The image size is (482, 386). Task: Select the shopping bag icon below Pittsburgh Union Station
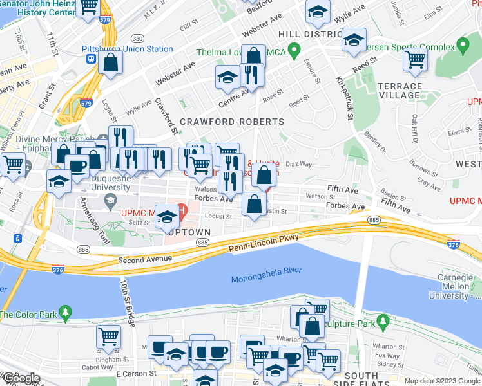(111, 64)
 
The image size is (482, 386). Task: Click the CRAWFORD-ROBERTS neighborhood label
(232, 122)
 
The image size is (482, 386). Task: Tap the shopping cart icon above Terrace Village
(416, 59)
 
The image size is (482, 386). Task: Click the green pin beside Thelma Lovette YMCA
(294, 49)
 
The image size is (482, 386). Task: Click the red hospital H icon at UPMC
(182, 210)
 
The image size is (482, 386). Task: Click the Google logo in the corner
(21, 379)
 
